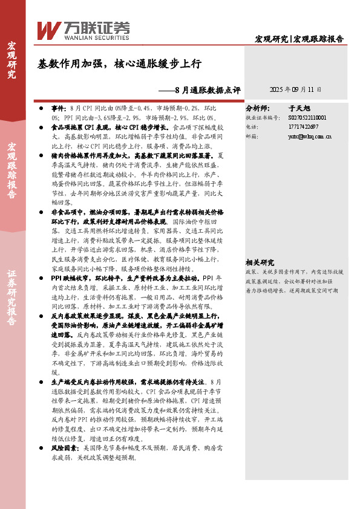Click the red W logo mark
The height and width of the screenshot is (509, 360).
[49, 28]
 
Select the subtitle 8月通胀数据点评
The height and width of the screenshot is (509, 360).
[206, 90]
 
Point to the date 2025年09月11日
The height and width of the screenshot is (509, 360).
[295, 89]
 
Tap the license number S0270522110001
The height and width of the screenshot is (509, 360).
[307, 118]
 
